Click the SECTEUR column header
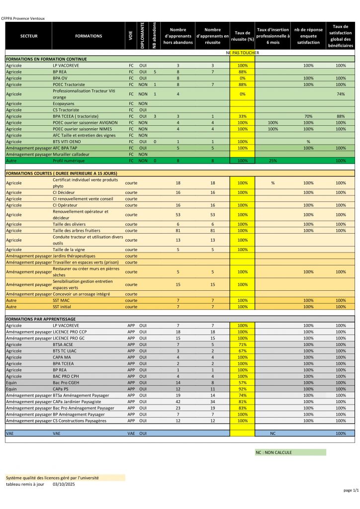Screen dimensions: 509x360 coord(29,36)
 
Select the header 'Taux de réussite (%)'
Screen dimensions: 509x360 coord(242,36)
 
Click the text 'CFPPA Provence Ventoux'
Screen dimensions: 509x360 coord(23,18)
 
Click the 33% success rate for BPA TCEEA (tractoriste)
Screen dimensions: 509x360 coord(242,116)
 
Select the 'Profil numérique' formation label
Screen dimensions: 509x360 coord(69,161)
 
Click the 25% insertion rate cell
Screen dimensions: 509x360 coord(272,161)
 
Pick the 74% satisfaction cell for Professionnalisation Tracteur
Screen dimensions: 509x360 coord(341,94)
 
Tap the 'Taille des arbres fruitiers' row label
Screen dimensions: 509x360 coord(77,231)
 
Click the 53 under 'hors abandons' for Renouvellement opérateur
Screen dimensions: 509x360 coord(178,215)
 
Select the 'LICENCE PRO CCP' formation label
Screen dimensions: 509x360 coord(70,332)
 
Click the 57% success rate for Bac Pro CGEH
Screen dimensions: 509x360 coord(242,383)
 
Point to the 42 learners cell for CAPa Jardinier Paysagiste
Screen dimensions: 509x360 coord(178,402)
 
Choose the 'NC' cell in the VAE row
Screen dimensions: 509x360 coord(272,433)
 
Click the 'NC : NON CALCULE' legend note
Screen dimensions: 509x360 coord(274,452)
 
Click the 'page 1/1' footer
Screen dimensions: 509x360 coord(351,491)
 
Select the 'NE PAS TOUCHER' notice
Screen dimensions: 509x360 coord(243,53)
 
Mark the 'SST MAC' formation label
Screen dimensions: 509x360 coord(62,301)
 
